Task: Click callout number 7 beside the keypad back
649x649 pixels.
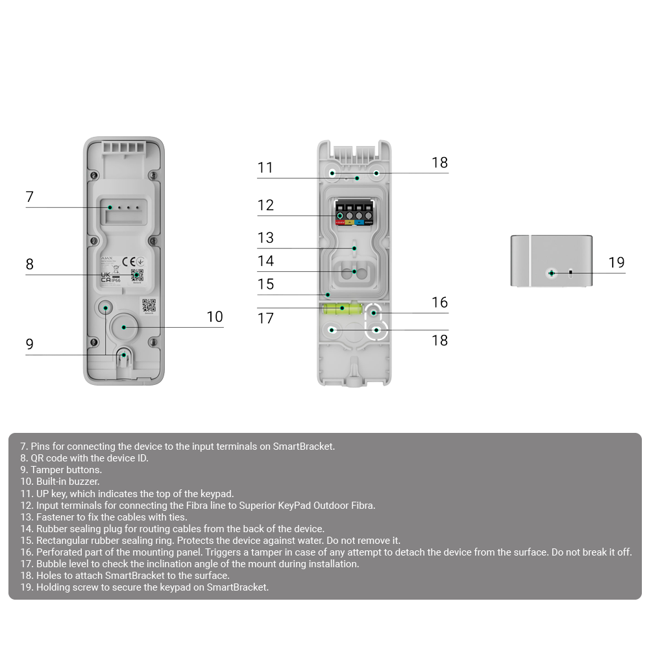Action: point(29,197)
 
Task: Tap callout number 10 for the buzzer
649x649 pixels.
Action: point(214,317)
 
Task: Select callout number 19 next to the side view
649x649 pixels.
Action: point(616,262)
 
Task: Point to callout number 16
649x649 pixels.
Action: point(439,302)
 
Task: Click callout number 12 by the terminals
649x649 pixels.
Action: point(265,206)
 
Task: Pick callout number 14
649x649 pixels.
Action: point(265,261)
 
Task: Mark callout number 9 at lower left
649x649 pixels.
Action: point(29,344)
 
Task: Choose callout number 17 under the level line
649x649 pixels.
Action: point(265,319)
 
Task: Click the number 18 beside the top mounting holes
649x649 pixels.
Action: point(439,163)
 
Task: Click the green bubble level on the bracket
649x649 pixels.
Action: point(343,308)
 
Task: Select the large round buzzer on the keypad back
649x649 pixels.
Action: point(123,326)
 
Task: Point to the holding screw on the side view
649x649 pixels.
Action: point(551,273)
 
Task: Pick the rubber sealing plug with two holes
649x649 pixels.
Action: point(354,272)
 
